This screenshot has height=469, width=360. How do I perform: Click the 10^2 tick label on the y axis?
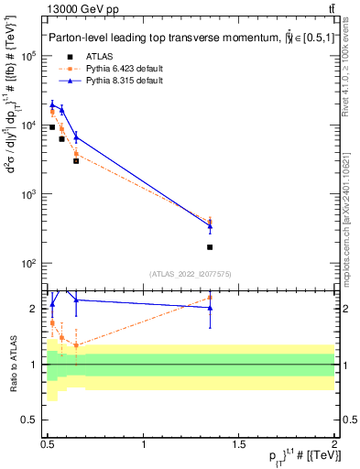tap(30, 264)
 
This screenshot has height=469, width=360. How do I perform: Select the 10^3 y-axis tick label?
tap(30, 194)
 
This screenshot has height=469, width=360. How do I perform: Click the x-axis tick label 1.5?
tap(240, 443)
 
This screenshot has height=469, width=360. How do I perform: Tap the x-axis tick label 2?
tap(334, 443)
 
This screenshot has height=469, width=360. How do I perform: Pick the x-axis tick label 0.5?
tap(49, 443)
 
